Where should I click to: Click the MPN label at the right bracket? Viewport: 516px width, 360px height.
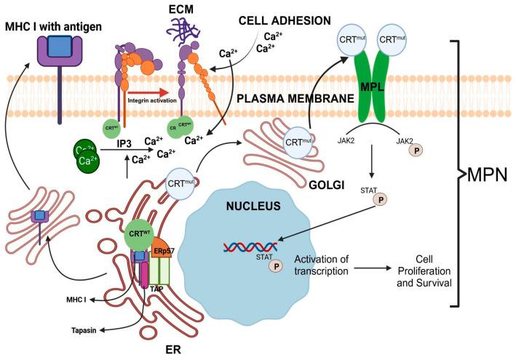point(489,175)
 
